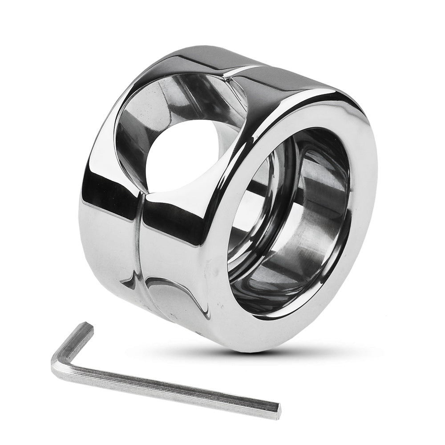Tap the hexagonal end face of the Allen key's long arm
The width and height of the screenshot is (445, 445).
[277, 406]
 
